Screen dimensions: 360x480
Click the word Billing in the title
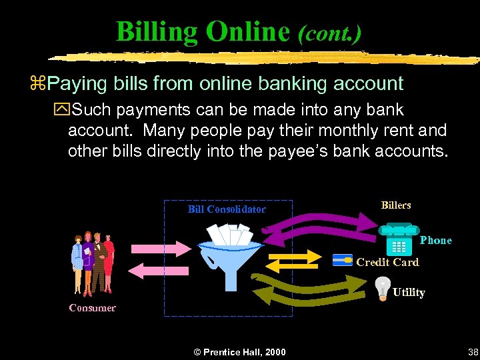(x=157, y=31)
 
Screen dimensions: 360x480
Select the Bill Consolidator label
(x=227, y=209)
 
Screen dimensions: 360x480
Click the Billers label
(x=396, y=205)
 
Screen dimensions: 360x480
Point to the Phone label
(x=436, y=240)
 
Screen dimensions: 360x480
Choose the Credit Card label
(x=387, y=262)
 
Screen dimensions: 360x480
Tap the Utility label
(x=409, y=292)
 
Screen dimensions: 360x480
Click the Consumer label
(x=93, y=307)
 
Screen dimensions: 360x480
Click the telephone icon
(x=398, y=240)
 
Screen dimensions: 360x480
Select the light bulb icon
(x=382, y=287)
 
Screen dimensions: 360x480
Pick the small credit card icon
(x=343, y=259)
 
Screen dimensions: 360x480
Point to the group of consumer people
(x=93, y=264)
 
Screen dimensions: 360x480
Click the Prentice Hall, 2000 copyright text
(x=239, y=352)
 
